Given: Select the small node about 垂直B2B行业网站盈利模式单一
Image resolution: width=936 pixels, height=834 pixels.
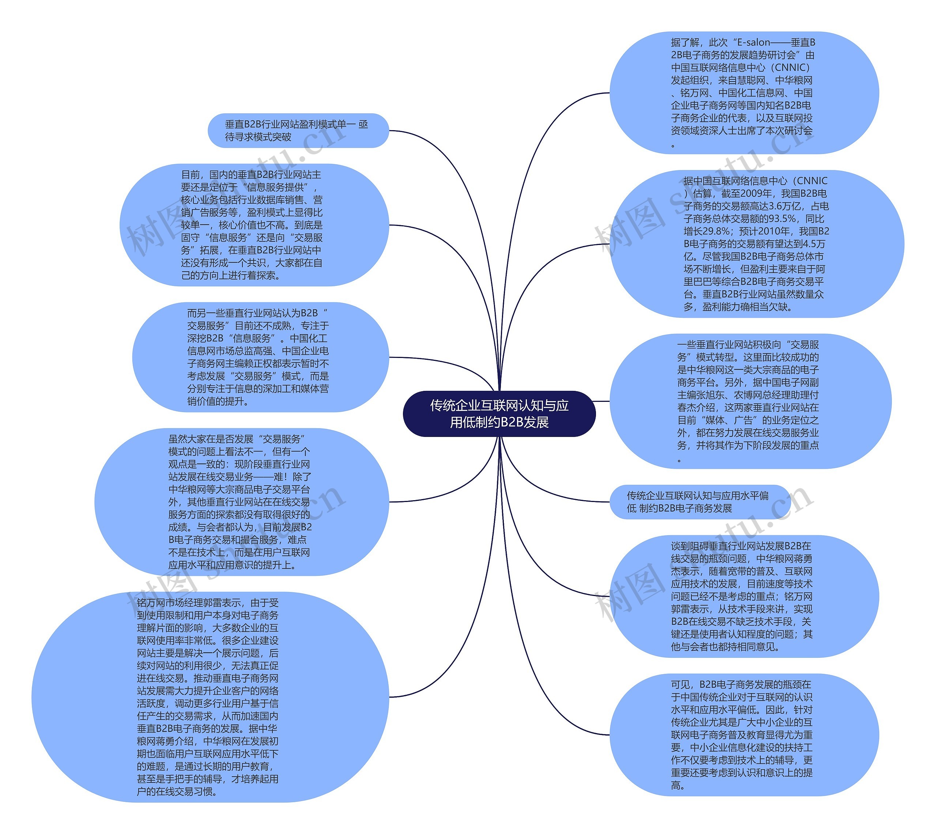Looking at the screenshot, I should pyautogui.click(x=298, y=131).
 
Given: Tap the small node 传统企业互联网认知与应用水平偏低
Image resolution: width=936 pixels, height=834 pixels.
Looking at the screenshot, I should pyautogui.click(x=699, y=502).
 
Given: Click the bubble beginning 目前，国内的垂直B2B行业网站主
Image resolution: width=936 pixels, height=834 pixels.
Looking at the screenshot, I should pyautogui.click(x=254, y=224).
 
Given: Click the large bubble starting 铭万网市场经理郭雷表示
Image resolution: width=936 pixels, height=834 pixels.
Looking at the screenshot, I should pyautogui.click(x=210, y=697).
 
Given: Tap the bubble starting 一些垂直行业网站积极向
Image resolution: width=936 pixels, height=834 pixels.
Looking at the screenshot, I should pyautogui.click(x=750, y=401).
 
